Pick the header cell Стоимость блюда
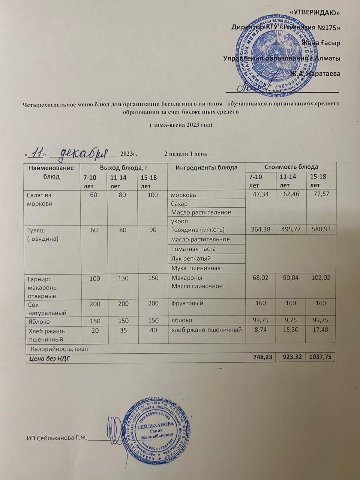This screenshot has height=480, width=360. (x=291, y=167)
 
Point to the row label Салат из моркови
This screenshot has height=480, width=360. (x=39, y=199)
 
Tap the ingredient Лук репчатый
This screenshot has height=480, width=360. (x=191, y=259)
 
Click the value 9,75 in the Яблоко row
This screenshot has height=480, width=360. (x=291, y=321)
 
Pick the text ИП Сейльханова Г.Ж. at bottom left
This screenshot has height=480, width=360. (x=57, y=438)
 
